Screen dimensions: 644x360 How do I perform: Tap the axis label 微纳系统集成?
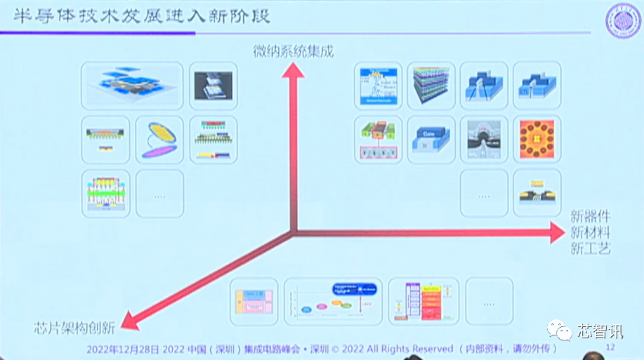coord(294,51)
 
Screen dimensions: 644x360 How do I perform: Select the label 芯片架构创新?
coord(76,328)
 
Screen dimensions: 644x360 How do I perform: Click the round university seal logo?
coord(622,22)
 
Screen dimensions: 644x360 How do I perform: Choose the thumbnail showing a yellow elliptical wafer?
coord(159,139)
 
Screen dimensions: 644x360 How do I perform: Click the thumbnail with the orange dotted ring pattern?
coord(537,139)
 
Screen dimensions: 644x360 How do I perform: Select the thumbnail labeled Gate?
coord(431,139)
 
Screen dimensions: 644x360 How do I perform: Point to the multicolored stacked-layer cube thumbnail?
coord(431,85)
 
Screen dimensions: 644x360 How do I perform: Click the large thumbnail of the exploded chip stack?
coord(132,85)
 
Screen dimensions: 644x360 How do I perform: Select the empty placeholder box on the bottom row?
coord(489,302)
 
